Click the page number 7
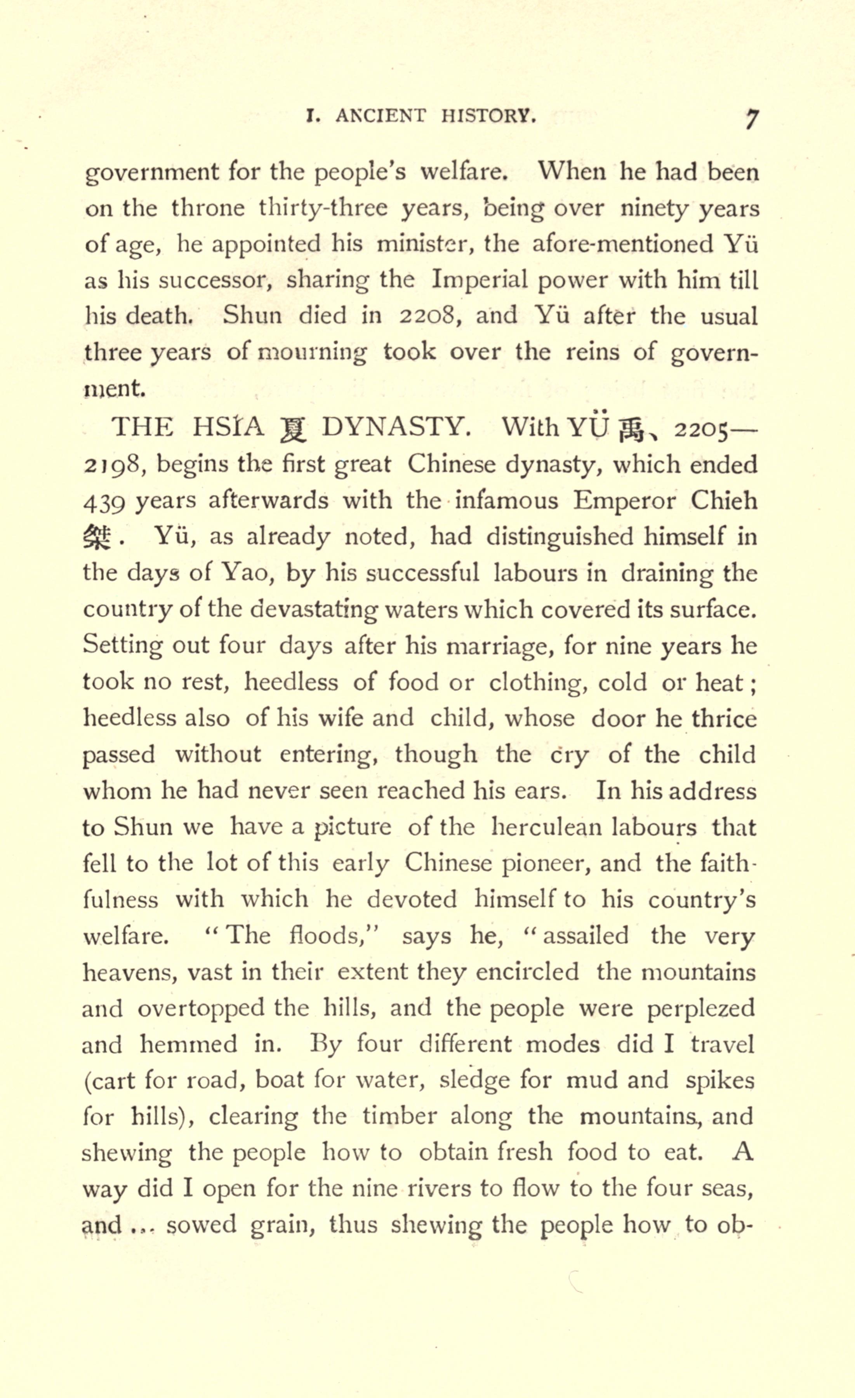751,120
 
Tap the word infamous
507,501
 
